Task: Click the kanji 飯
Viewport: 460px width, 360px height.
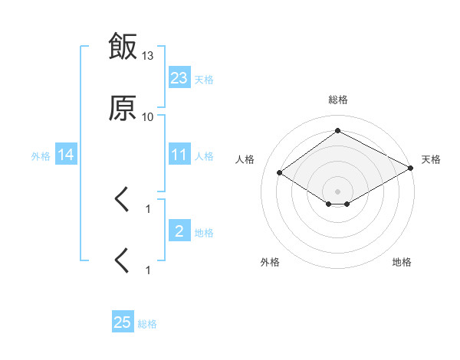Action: [123, 46]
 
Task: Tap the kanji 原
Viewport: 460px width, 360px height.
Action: [123, 108]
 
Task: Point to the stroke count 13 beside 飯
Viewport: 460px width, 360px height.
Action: [147, 56]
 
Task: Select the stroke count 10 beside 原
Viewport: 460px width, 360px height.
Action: [147, 117]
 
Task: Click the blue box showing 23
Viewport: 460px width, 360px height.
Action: [179, 77]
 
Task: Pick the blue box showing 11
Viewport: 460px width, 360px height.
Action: [179, 154]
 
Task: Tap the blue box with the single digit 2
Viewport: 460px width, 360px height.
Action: [179, 230]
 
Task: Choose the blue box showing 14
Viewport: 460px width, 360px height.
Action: [66, 154]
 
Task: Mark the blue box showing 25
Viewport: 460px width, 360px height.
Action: [123, 321]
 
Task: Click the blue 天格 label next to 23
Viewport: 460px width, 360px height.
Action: [204, 80]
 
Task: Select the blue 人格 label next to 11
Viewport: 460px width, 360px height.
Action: [204, 156]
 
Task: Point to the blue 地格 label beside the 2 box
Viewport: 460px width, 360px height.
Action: [204, 233]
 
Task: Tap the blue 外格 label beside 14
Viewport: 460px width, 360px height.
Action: [41, 156]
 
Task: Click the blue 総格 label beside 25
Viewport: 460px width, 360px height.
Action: [147, 324]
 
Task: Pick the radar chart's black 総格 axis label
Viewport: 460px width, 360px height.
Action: [338, 100]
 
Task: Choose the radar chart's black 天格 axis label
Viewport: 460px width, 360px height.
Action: [431, 159]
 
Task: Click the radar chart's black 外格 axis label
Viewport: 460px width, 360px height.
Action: [270, 262]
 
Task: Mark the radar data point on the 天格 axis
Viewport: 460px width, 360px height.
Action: [411, 168]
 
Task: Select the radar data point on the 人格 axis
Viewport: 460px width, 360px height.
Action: [280, 172]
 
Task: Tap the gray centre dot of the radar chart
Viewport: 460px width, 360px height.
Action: [337, 191]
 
